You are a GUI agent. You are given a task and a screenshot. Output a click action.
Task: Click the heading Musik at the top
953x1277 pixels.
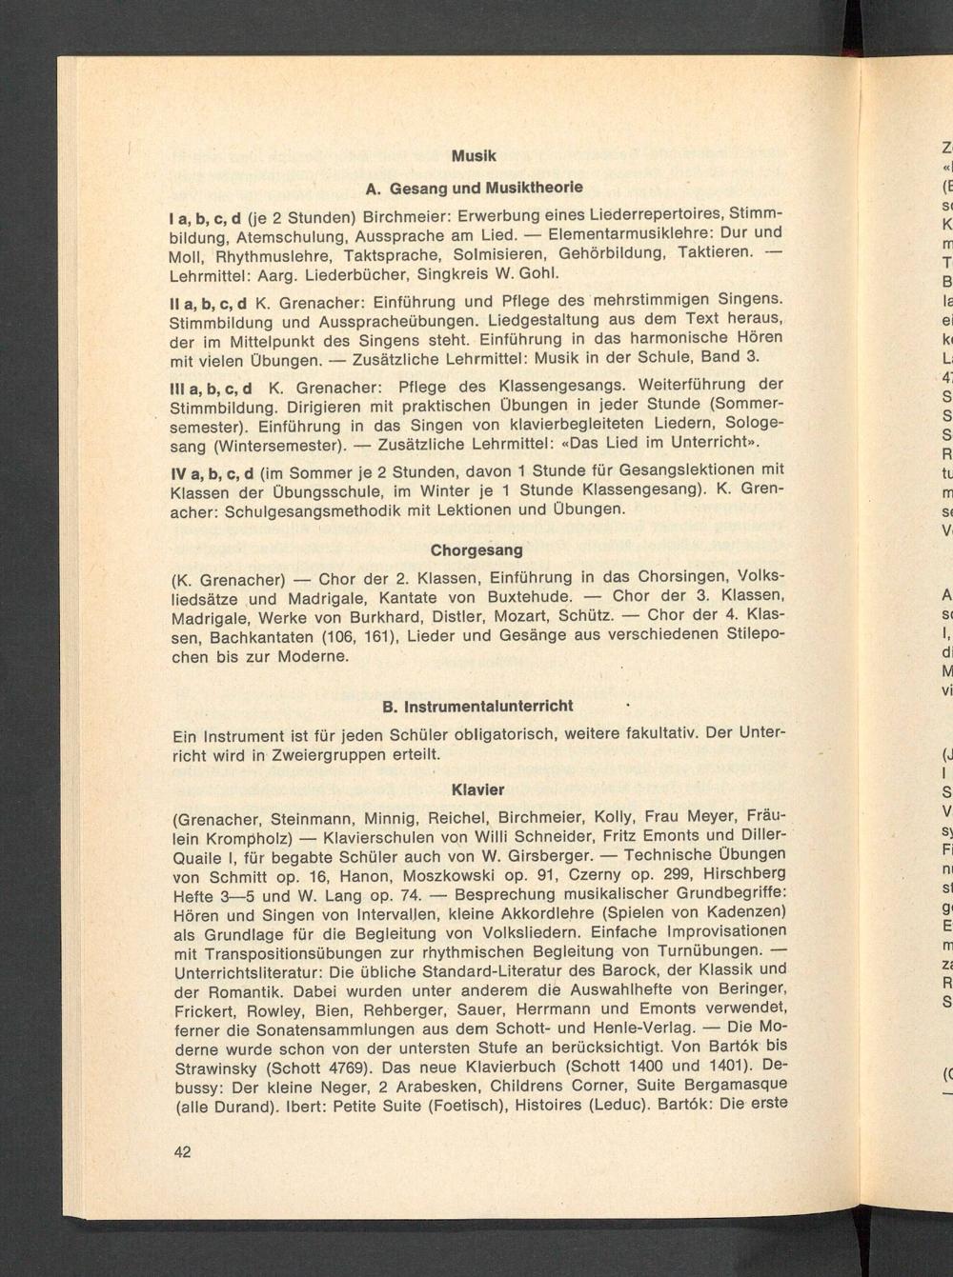click(x=474, y=156)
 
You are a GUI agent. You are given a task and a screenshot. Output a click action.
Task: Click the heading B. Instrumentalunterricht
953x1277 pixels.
click(x=476, y=707)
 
